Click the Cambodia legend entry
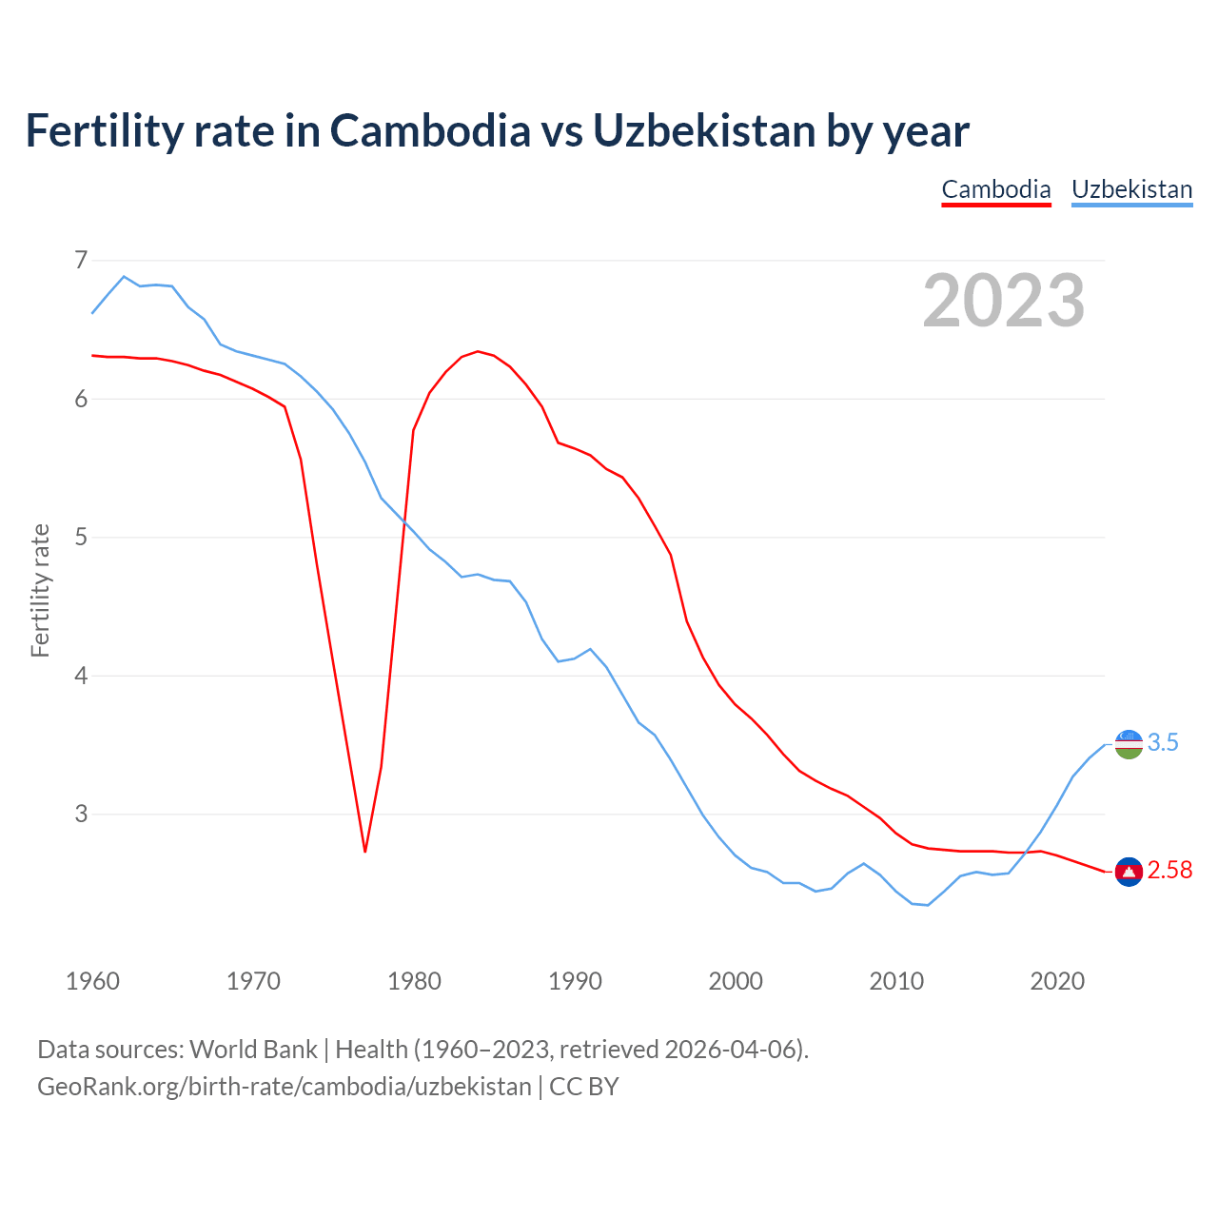pyautogui.click(x=995, y=189)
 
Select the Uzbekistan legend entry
pyautogui.click(x=1131, y=189)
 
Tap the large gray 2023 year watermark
pyautogui.click(x=1004, y=301)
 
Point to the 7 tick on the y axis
pyautogui.click(x=81, y=260)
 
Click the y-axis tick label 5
pyautogui.click(x=81, y=537)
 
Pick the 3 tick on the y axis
pyautogui.click(x=81, y=814)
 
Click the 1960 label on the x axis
pyautogui.click(x=92, y=981)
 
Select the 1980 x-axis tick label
pyautogui.click(x=414, y=981)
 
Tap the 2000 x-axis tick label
pyautogui.click(x=736, y=981)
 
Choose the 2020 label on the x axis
pyautogui.click(x=1057, y=981)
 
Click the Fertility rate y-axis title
pyautogui.click(x=40, y=590)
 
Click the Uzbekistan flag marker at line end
pyautogui.click(x=1129, y=744)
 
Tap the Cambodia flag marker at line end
pyautogui.click(x=1129, y=872)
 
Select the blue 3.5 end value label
pyautogui.click(x=1163, y=743)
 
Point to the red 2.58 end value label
pyautogui.click(x=1169, y=871)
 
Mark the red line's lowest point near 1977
pyautogui.click(x=365, y=851)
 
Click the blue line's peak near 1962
pyautogui.click(x=124, y=277)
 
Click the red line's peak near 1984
pyautogui.click(x=478, y=351)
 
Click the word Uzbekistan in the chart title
pyautogui.click(x=703, y=130)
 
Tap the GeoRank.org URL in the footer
pyautogui.click(x=284, y=1087)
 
